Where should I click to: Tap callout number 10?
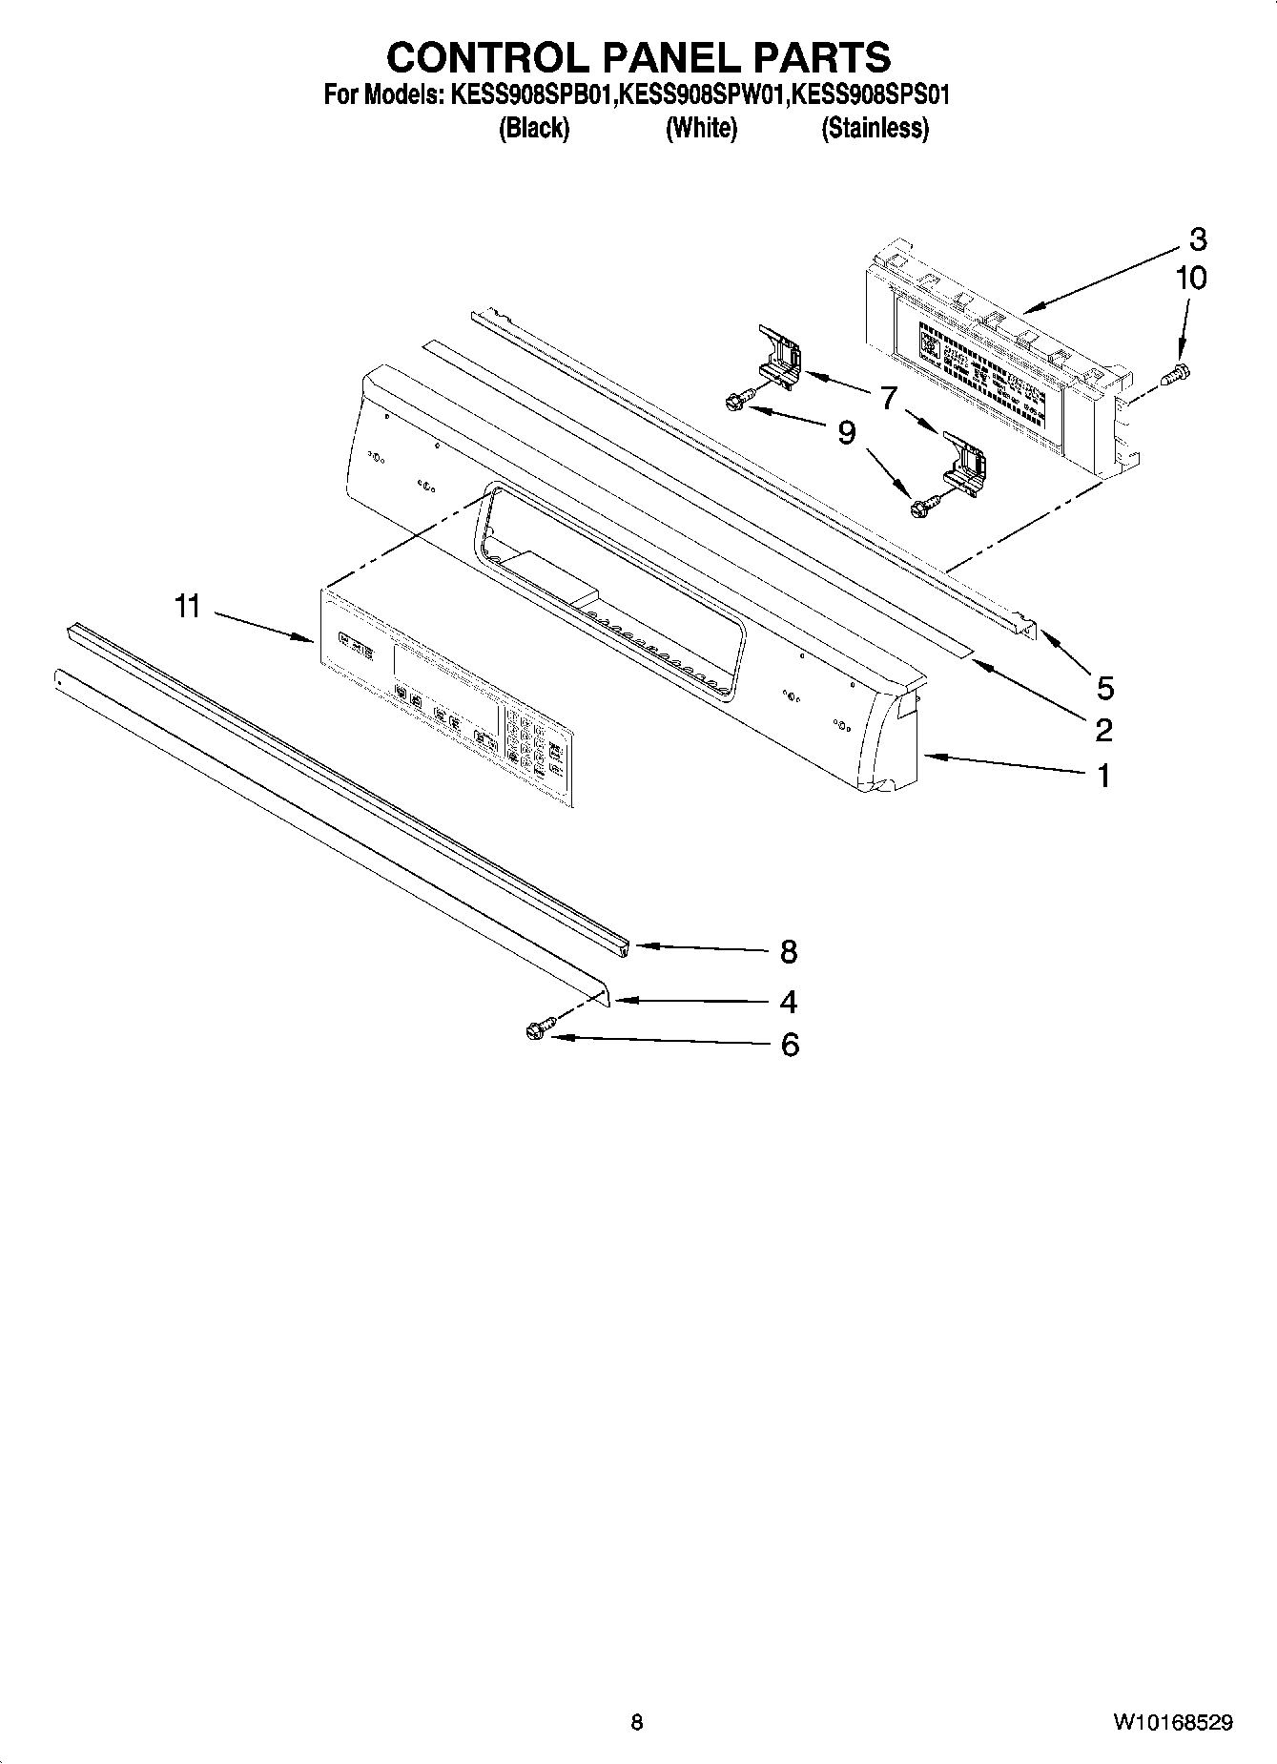pyautogui.click(x=1191, y=278)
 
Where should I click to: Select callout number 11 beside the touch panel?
pyautogui.click(x=187, y=605)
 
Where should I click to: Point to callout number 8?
pyautogui.click(x=788, y=950)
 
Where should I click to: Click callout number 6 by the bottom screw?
pyautogui.click(x=790, y=1045)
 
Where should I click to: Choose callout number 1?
pyautogui.click(x=1103, y=776)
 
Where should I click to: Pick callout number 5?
pyautogui.click(x=1105, y=687)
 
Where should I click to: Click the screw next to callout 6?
pyautogui.click(x=534, y=1031)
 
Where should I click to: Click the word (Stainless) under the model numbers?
pyautogui.click(x=875, y=128)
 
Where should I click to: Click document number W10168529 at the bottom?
pyautogui.click(x=1170, y=1721)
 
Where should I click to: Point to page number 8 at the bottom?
pyautogui.click(x=637, y=1721)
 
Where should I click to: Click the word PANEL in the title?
pyautogui.click(x=671, y=57)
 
